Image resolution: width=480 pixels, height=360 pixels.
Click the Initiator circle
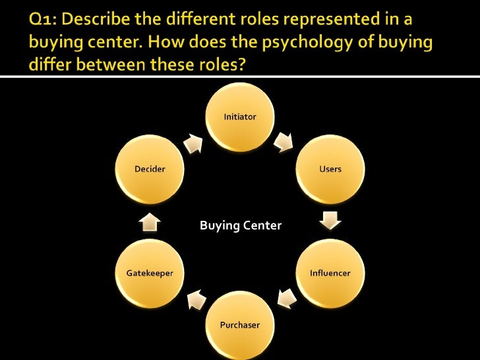(240, 116)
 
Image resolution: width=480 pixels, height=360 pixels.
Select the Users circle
(330, 169)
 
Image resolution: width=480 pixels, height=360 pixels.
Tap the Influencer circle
(330, 272)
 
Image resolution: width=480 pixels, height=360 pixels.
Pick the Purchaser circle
(240, 324)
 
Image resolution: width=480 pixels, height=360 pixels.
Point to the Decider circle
(150, 169)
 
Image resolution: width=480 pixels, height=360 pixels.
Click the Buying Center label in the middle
(240, 226)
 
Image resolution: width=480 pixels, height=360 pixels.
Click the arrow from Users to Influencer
(330, 220)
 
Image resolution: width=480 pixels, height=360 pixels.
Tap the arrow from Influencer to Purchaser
(285, 299)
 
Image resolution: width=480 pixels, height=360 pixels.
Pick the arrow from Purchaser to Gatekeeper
(195, 299)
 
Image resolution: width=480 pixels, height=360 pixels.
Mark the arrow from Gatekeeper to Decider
(150, 222)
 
